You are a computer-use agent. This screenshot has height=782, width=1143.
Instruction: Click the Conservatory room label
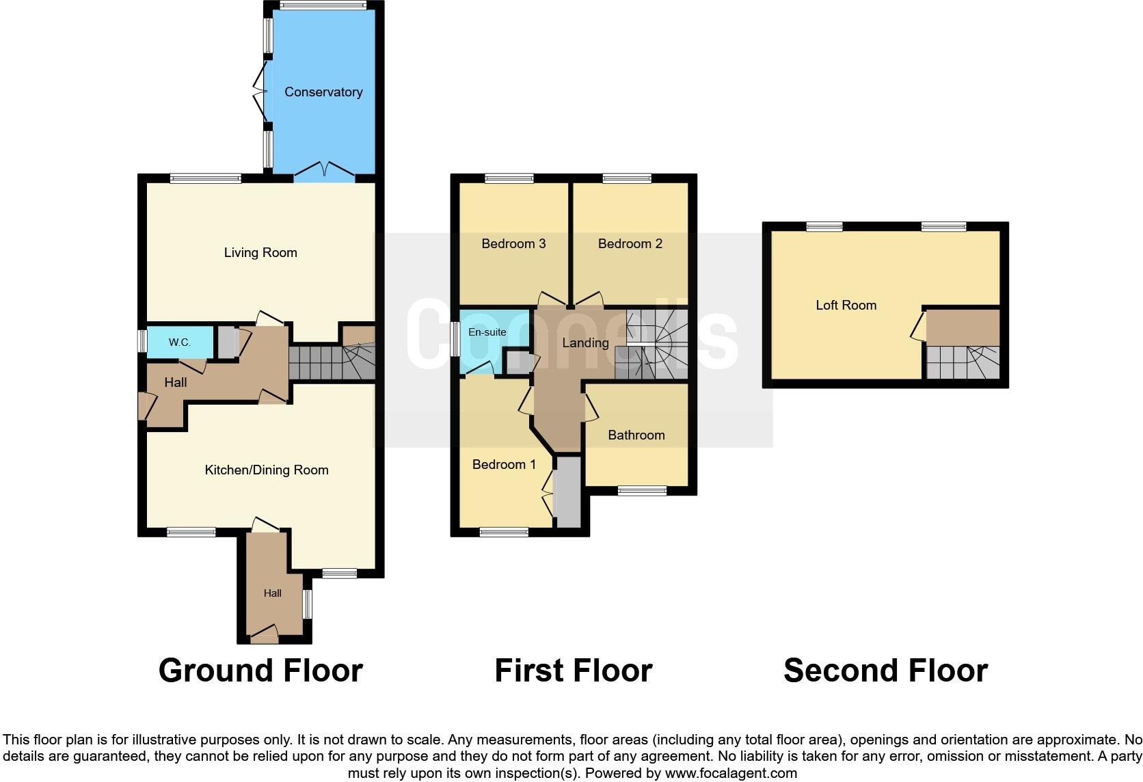(x=323, y=92)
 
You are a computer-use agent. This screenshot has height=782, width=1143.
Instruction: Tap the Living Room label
(x=260, y=252)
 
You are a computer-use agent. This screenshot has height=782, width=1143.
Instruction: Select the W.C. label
(x=180, y=342)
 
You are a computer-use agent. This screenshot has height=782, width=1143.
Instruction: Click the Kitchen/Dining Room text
(x=267, y=470)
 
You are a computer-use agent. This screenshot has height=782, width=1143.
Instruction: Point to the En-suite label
(x=487, y=332)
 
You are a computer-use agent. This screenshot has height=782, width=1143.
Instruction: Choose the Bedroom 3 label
(x=513, y=243)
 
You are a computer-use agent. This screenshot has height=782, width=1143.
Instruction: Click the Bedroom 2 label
(x=630, y=243)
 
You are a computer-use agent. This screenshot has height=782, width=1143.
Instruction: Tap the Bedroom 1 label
(x=504, y=464)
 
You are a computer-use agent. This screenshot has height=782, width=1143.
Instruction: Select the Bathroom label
(x=636, y=435)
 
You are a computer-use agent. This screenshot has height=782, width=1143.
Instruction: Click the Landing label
(x=585, y=342)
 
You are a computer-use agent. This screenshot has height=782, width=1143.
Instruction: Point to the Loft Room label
(x=846, y=305)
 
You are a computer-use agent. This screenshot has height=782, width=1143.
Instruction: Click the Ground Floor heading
(x=260, y=671)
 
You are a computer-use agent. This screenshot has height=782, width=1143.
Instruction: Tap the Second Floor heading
(x=885, y=671)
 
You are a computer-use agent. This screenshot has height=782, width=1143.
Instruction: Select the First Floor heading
(x=573, y=671)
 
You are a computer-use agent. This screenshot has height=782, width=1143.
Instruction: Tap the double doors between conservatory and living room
(x=325, y=170)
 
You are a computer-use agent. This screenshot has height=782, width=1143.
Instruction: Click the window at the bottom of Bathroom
(x=642, y=490)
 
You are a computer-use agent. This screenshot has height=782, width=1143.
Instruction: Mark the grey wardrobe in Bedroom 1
(x=567, y=492)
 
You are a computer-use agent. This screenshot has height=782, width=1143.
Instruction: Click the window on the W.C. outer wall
(x=142, y=341)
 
